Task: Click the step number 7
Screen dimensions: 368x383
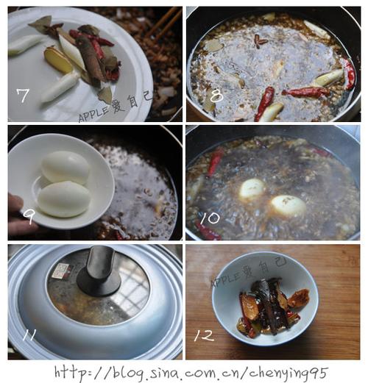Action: (23, 96)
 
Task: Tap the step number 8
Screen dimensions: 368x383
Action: (216, 96)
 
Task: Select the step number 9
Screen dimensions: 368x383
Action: (29, 216)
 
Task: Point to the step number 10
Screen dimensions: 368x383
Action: (210, 218)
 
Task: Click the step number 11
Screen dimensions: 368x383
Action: (29, 334)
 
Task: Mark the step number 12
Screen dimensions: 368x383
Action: (204, 335)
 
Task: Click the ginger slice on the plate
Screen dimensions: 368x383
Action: (58, 60)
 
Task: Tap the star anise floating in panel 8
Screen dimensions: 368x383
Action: (261, 41)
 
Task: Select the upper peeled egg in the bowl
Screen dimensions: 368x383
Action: (66, 167)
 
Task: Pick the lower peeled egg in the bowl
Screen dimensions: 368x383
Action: (64, 199)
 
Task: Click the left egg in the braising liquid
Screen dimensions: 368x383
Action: (252, 189)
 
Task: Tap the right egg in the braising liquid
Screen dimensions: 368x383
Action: (289, 206)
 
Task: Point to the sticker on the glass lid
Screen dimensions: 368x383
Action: (61, 271)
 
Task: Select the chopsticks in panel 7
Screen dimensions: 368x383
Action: (164, 24)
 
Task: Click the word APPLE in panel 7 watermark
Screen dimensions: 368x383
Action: (93, 114)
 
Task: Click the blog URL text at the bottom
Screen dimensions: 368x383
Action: (191, 373)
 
